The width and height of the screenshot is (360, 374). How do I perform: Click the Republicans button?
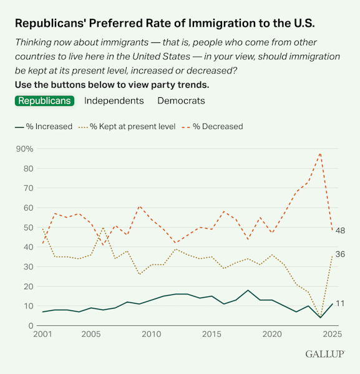(x=44, y=100)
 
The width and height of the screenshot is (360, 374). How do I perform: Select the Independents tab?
(x=114, y=100)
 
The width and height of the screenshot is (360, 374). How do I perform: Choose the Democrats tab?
(x=181, y=100)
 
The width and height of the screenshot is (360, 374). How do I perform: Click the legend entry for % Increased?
(x=44, y=127)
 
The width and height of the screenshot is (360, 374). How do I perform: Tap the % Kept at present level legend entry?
(x=128, y=127)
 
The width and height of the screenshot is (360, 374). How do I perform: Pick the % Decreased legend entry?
(x=212, y=127)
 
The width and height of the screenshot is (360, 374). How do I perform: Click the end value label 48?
(x=340, y=231)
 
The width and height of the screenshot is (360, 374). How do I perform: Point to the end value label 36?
(x=340, y=254)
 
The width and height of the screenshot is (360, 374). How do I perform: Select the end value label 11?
(x=340, y=304)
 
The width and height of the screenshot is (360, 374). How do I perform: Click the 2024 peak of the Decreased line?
(x=320, y=153)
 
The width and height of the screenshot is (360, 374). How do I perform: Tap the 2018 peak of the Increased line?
(x=248, y=290)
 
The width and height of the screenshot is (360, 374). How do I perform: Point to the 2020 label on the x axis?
(x=272, y=335)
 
